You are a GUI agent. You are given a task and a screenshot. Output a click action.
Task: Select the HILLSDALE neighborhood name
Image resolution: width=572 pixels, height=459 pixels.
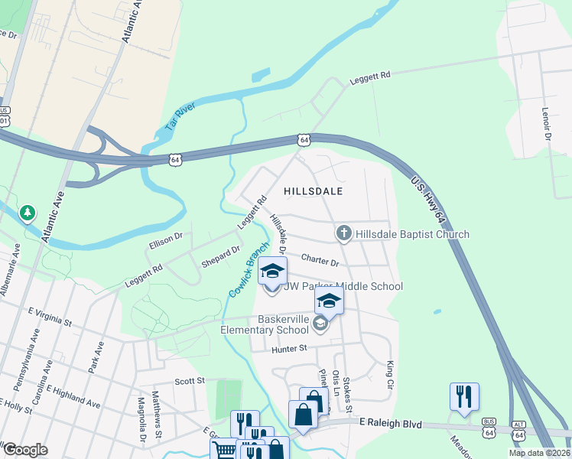313,190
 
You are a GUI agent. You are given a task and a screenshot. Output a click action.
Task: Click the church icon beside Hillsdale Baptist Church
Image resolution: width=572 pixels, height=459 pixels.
344,233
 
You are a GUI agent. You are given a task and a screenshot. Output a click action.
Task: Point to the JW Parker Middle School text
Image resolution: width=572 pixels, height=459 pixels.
343,287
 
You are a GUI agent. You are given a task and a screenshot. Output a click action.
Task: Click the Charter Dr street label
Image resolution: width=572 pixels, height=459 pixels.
320,261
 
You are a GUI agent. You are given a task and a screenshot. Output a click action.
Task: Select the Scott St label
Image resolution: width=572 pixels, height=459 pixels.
190,380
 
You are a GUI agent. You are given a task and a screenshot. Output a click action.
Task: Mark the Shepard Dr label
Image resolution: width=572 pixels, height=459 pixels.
221,254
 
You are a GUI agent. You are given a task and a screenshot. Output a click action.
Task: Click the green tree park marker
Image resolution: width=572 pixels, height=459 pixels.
28,212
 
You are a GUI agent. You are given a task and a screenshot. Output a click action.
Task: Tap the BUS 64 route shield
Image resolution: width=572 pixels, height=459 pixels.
488,431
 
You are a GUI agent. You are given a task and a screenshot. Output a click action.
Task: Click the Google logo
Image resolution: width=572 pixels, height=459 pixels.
24,450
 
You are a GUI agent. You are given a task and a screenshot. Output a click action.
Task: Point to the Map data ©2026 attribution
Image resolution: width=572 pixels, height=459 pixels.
539,453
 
